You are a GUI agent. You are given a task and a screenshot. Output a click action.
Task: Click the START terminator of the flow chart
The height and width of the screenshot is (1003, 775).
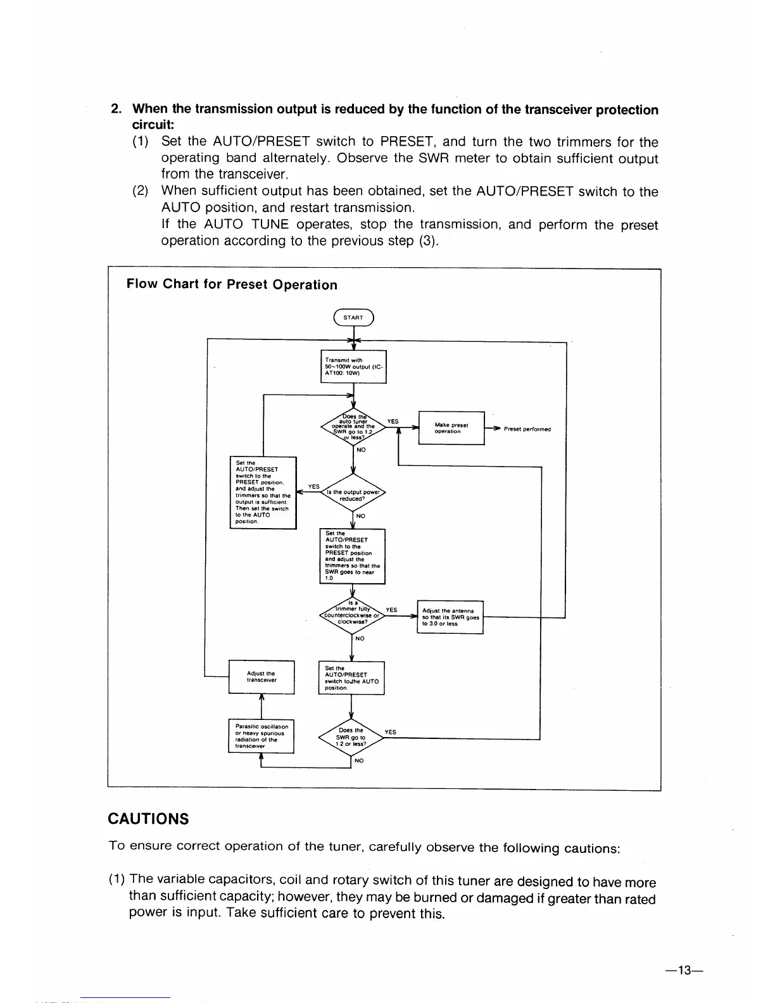(x=353, y=317)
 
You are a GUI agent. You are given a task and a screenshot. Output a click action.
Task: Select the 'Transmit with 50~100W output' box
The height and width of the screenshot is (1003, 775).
(x=353, y=367)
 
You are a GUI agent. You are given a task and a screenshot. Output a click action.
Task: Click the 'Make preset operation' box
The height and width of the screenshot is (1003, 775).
(x=451, y=428)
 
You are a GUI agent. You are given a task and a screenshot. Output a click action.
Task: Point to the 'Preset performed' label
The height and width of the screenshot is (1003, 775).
(x=527, y=429)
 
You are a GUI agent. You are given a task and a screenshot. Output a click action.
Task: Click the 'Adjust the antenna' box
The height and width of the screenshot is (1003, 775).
(x=450, y=617)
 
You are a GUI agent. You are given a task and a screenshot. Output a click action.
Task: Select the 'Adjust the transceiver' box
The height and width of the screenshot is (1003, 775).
(x=261, y=677)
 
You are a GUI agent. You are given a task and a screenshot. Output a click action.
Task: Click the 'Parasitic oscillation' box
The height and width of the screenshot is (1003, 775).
(x=261, y=736)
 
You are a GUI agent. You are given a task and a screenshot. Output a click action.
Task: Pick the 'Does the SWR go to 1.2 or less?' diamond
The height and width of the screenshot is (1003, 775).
(x=351, y=738)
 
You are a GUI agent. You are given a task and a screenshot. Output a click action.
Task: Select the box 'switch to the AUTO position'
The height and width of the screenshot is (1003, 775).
(x=351, y=678)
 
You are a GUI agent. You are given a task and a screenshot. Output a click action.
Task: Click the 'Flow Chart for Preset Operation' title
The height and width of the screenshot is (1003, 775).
(x=232, y=284)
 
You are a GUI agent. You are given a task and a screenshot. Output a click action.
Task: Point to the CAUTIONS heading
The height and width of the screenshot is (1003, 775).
(x=149, y=819)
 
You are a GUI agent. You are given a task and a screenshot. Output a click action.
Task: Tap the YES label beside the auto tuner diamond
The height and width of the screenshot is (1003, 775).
(x=393, y=421)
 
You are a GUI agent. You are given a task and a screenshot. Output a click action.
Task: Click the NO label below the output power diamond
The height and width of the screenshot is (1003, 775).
(x=360, y=516)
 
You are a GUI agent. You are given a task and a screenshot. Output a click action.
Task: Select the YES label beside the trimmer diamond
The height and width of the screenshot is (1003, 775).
(x=391, y=610)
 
